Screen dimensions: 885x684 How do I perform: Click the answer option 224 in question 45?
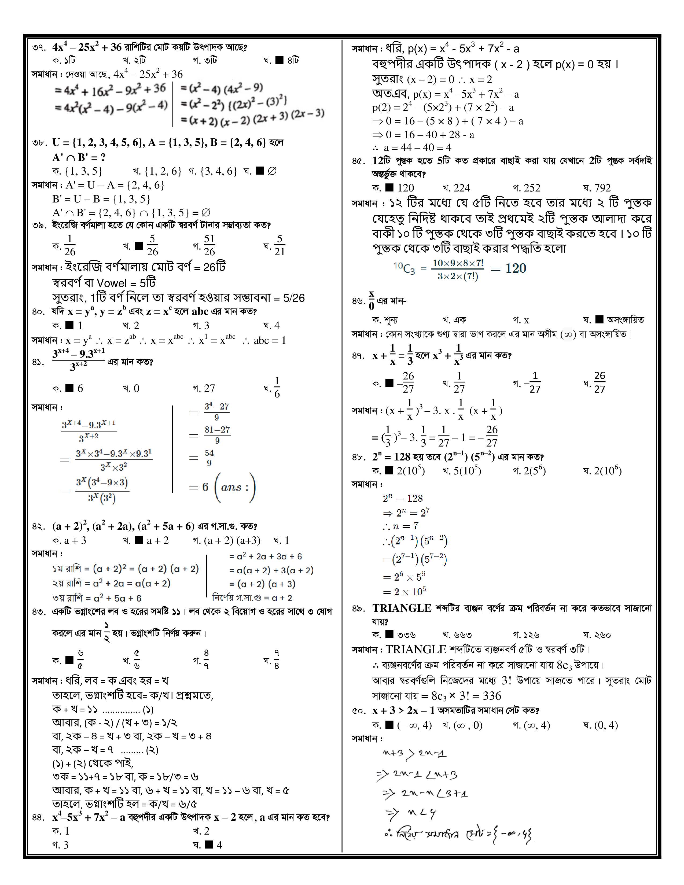click(461, 188)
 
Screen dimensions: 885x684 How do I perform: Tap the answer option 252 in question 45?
click(532, 188)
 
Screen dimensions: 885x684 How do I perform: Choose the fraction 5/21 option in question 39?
click(280, 245)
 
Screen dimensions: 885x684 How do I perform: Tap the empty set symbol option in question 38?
click(272, 171)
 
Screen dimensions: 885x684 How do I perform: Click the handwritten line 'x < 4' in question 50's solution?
click(413, 813)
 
